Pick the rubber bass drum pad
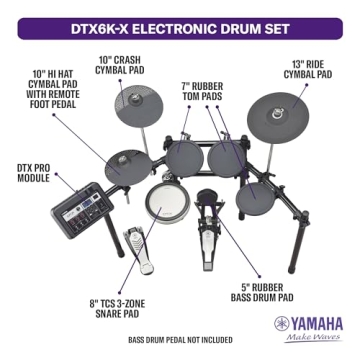[x=207, y=201]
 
